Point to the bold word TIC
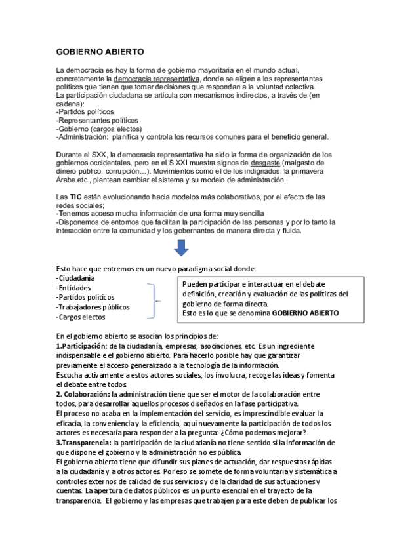coord(77,197)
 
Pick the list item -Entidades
coord(73,288)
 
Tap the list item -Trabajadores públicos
coord(93,307)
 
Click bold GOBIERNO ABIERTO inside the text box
coord(305,313)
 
